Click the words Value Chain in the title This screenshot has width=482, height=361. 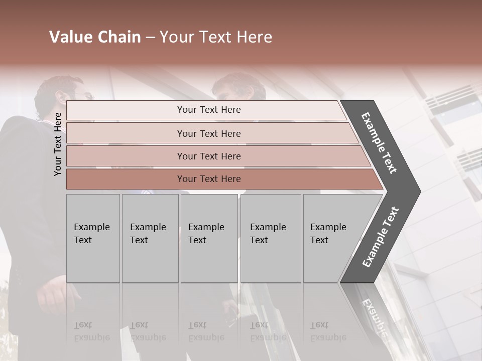tap(95, 37)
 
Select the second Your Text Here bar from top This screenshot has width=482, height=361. tap(209, 133)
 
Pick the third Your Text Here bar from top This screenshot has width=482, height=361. tap(209, 156)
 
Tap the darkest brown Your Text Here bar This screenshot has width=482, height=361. tap(209, 179)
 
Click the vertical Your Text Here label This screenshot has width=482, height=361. tap(58, 144)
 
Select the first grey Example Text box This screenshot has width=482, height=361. tap(93, 238)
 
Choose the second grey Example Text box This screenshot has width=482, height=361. tap(150, 238)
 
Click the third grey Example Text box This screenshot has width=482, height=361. tap(208, 238)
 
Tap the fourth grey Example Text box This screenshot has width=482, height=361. tap(270, 238)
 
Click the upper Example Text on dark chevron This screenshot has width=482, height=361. tap(379, 143)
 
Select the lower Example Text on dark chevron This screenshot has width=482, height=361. tap(381, 237)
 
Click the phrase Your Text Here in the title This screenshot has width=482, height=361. tap(216, 37)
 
